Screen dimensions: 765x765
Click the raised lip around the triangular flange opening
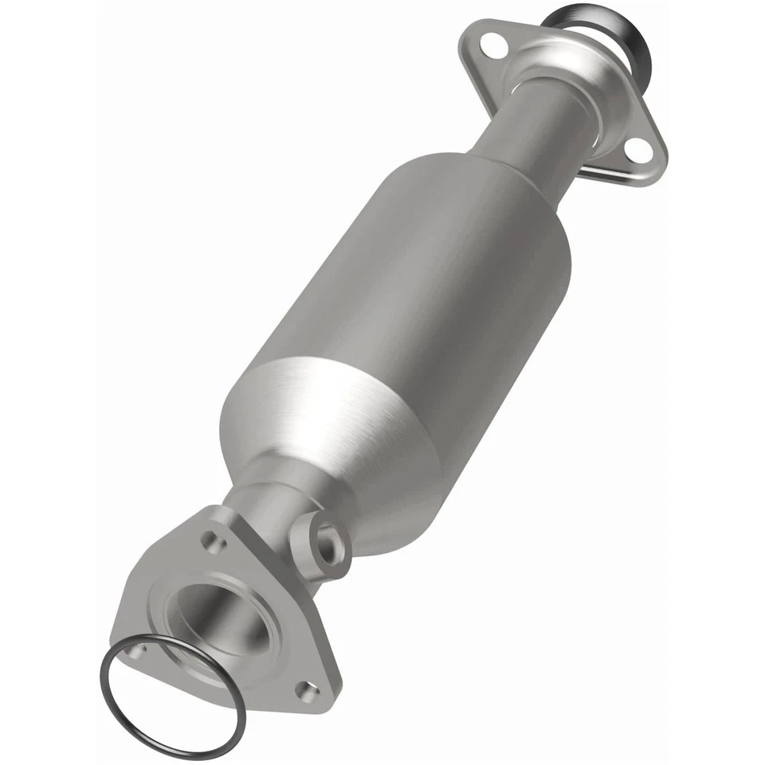tap(263, 637)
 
